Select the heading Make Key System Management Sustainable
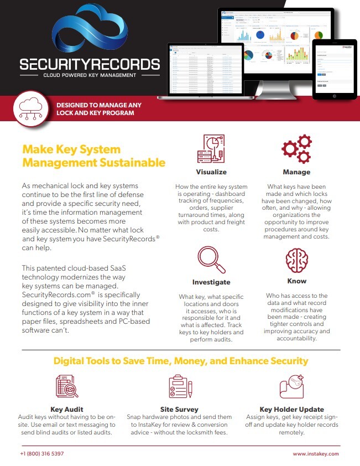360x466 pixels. click(93, 156)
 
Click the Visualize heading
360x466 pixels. click(212, 172)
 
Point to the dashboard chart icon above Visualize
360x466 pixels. click(211, 148)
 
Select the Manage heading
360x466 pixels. click(296, 172)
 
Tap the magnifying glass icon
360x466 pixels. click(211, 260)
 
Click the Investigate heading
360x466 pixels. click(211, 282)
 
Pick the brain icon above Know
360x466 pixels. click(296, 260)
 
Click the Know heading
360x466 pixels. click(296, 281)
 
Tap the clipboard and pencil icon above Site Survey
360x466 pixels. click(180, 386)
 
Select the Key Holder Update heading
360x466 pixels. click(291, 410)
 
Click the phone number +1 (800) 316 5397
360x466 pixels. click(42, 453)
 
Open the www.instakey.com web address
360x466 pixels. click(316, 453)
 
